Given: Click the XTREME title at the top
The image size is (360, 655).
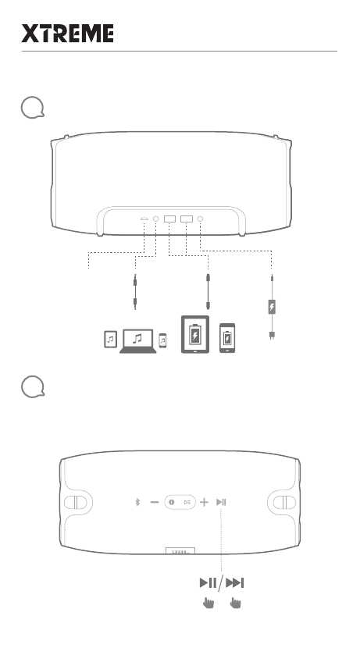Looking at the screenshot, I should pyautogui.click(x=67, y=34).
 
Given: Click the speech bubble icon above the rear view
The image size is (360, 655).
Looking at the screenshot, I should pyautogui.click(x=30, y=109).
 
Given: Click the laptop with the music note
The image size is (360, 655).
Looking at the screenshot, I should pyautogui.click(x=137, y=341).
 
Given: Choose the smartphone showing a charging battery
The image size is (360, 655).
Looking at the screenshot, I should pyautogui.click(x=226, y=337).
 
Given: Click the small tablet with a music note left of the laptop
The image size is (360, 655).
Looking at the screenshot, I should pyautogui.click(x=110, y=340).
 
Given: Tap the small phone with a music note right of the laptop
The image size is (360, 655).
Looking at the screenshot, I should pyautogui.click(x=162, y=340).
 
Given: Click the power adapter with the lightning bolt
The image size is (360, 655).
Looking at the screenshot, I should pyautogui.click(x=272, y=307).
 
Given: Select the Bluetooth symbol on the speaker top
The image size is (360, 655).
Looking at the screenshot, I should pyautogui.click(x=136, y=502).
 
